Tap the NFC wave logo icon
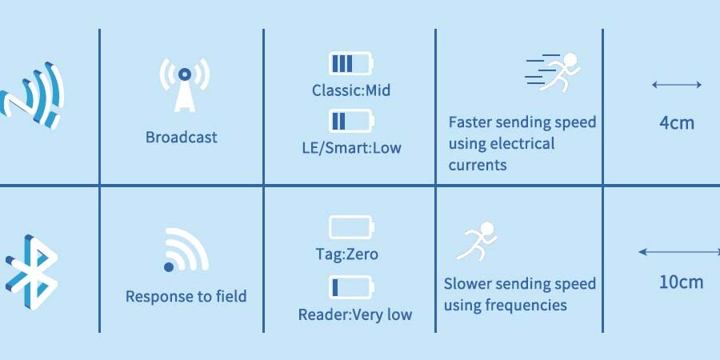tap(31, 95)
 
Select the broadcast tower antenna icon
tap(185, 86)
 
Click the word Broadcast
tap(182, 138)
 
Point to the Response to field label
tap(186, 296)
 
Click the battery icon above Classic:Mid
tap(351, 63)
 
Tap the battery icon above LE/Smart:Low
tap(351, 121)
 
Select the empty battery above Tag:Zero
tap(351, 227)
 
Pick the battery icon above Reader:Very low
tap(351, 287)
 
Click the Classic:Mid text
tap(351, 90)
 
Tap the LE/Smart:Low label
tap(351, 148)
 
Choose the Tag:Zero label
tap(346, 254)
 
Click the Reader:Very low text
tap(355, 314)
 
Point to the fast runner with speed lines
tap(553, 72)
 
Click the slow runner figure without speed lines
tap(477, 242)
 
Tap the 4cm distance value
tap(677, 123)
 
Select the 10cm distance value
tap(681, 282)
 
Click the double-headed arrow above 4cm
tap(677, 85)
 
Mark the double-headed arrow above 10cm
tap(679, 252)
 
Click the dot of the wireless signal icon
tap(169, 266)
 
